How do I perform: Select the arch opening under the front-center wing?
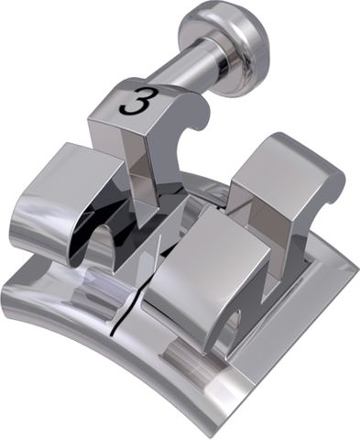click(x=229, y=325)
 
